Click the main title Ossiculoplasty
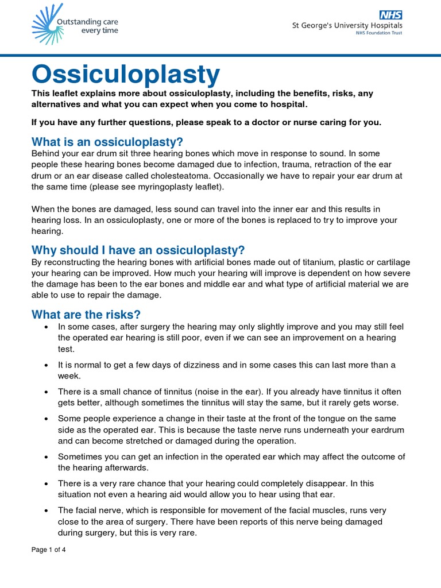tap(126, 74)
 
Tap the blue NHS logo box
tap(390, 14)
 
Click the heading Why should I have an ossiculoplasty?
tap(138, 250)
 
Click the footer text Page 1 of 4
tap(49, 550)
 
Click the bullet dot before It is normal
tap(45, 365)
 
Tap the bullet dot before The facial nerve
tap(45, 510)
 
